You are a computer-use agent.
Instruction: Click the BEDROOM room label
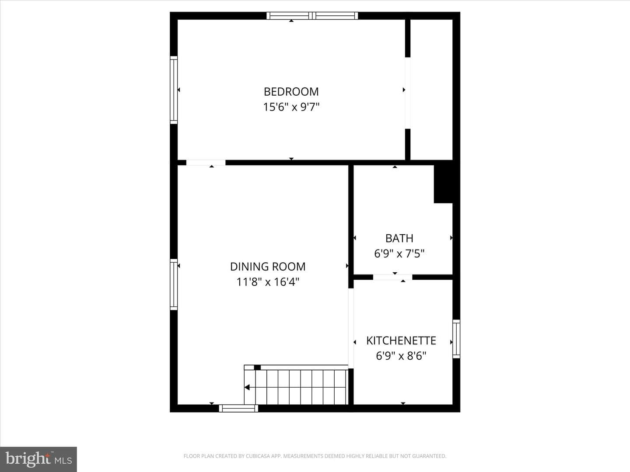(291, 92)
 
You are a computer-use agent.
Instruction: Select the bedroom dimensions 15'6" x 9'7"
(291, 107)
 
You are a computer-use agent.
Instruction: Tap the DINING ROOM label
(268, 267)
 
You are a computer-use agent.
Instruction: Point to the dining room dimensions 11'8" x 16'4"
(268, 282)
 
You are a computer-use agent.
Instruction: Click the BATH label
(399, 238)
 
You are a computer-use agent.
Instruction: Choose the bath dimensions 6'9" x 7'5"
(399, 253)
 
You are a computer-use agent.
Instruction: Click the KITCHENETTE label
(401, 340)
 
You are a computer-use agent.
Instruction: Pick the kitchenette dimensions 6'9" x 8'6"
(401, 356)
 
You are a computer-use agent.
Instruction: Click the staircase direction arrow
(247, 388)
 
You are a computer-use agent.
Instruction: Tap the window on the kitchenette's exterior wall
(456, 339)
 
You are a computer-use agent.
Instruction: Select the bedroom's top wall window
(312, 16)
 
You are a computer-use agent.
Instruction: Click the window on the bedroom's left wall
(174, 90)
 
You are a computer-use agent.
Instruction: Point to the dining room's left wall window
(174, 285)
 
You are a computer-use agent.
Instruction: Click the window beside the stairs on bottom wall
(238, 408)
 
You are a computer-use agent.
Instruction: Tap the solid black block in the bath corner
(443, 184)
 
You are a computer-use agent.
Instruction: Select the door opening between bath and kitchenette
(392, 277)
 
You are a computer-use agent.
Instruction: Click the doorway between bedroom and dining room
(206, 163)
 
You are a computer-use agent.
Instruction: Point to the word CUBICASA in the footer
(256, 456)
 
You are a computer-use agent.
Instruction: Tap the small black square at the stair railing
(257, 368)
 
